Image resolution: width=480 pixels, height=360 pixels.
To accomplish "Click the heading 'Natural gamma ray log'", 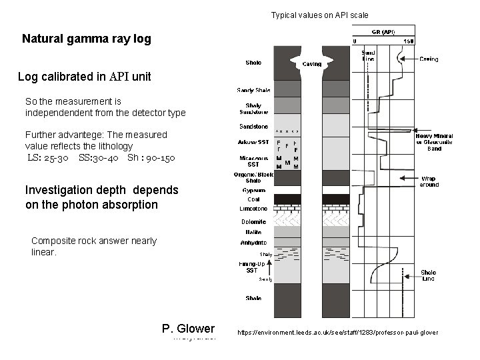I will coord(87,39).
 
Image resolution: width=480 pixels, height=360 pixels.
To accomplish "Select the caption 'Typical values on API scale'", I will coord(319,15).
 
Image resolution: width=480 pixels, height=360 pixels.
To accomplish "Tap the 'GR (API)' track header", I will coord(383,31).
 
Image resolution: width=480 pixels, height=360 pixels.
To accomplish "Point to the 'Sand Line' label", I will coord(368,56).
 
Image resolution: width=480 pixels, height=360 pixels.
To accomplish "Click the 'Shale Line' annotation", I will coord(429,275).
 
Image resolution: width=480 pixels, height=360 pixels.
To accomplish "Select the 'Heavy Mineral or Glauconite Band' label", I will coord(434,142).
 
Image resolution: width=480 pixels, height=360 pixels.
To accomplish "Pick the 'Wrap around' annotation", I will coord(429,181).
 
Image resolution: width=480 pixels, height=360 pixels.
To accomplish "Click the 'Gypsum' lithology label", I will coord(253,190).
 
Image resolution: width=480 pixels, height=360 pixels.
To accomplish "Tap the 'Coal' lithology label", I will coord(253,199).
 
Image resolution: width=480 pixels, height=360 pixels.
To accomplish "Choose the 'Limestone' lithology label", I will coord(253,209).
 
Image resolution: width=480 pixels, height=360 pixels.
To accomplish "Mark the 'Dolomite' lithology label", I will coord(253,221).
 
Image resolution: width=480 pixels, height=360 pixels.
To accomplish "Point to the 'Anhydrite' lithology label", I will coord(253,243).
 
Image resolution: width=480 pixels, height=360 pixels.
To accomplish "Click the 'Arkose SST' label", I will coord(253,142).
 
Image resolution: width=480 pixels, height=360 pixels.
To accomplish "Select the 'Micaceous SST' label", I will coord(253,161).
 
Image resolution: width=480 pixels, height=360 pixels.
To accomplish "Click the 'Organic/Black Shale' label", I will coord(253,177).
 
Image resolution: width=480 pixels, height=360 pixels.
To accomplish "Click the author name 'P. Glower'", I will coord(188,328).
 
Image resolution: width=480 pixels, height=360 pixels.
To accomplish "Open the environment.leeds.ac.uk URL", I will coord(337,332).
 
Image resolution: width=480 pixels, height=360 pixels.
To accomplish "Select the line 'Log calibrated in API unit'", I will coord(85,77).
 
